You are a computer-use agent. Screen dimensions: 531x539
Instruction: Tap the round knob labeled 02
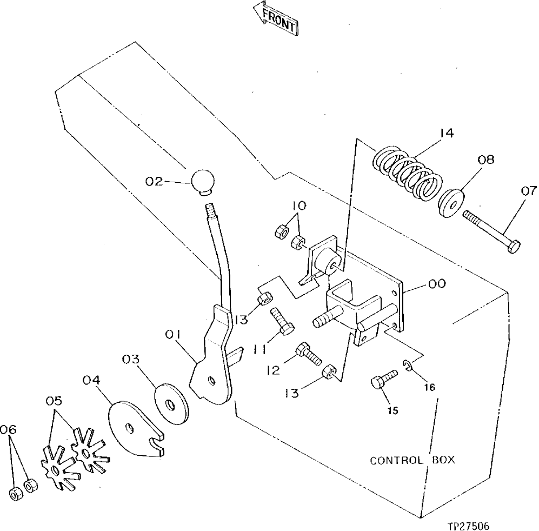[x=202, y=181]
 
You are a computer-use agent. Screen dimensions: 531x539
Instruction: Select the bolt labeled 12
[x=308, y=354]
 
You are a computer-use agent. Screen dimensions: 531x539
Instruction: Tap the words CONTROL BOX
[x=412, y=461]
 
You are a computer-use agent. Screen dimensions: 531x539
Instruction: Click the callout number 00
[x=437, y=283]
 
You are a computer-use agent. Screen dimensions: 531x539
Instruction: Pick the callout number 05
[x=54, y=401]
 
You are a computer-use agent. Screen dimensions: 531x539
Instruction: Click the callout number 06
[x=9, y=429]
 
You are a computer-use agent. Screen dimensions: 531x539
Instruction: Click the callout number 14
[x=446, y=132]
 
